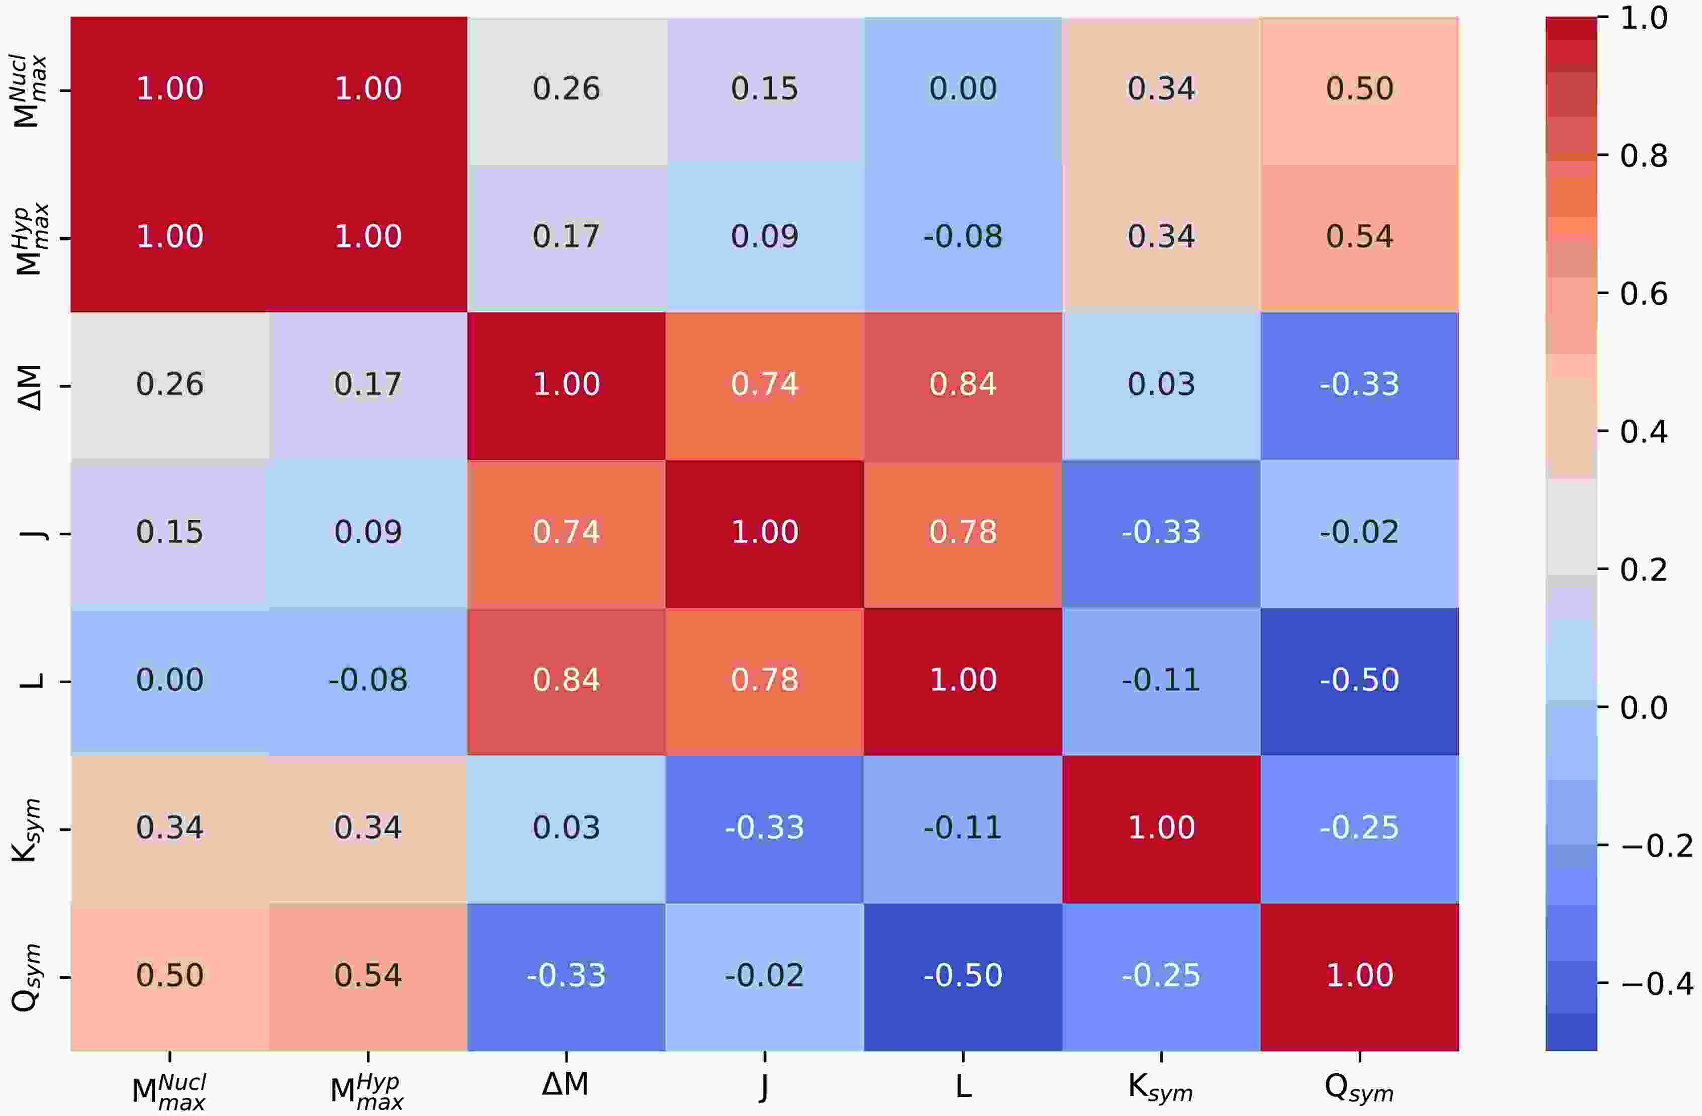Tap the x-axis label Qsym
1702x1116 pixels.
[1360, 1089]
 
